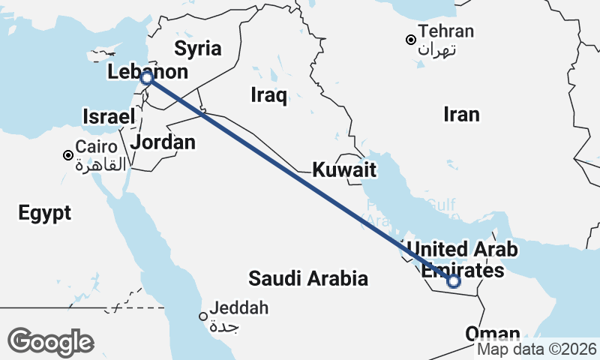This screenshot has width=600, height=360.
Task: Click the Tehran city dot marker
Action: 410,40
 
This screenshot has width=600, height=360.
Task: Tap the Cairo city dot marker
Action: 68,155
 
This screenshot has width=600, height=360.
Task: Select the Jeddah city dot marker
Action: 202,316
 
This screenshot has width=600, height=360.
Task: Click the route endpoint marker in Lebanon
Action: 147,78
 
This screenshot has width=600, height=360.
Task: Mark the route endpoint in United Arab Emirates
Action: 453,282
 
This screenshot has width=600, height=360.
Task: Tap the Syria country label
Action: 198,49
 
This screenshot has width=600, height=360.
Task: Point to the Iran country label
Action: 461,114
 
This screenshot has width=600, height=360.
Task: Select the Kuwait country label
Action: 344,169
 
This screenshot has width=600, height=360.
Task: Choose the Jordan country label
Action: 163,142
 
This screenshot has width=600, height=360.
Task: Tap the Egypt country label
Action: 45,212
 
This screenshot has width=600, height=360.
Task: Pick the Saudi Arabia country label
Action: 308,279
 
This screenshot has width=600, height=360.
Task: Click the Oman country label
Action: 493,334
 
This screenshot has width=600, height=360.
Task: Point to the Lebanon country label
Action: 147,73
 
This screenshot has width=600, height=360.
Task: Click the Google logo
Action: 50,342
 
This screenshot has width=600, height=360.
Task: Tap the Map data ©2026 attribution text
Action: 537,349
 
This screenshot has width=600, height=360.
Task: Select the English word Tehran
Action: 446,31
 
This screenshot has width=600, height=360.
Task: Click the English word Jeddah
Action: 240,307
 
